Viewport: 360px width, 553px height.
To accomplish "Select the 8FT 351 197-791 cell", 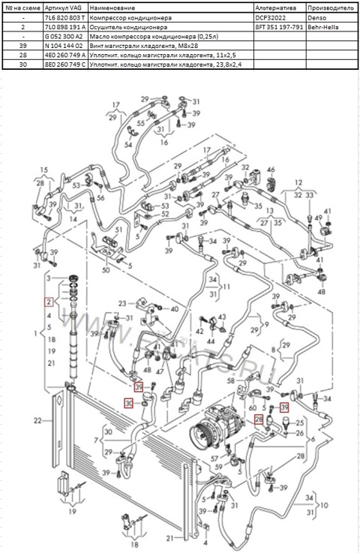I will click(x=278, y=25).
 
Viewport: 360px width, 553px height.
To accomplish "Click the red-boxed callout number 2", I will click(x=49, y=302).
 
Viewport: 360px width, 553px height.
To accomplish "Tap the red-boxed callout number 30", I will click(x=129, y=404).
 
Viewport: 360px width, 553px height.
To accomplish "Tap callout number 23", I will click(x=122, y=304).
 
